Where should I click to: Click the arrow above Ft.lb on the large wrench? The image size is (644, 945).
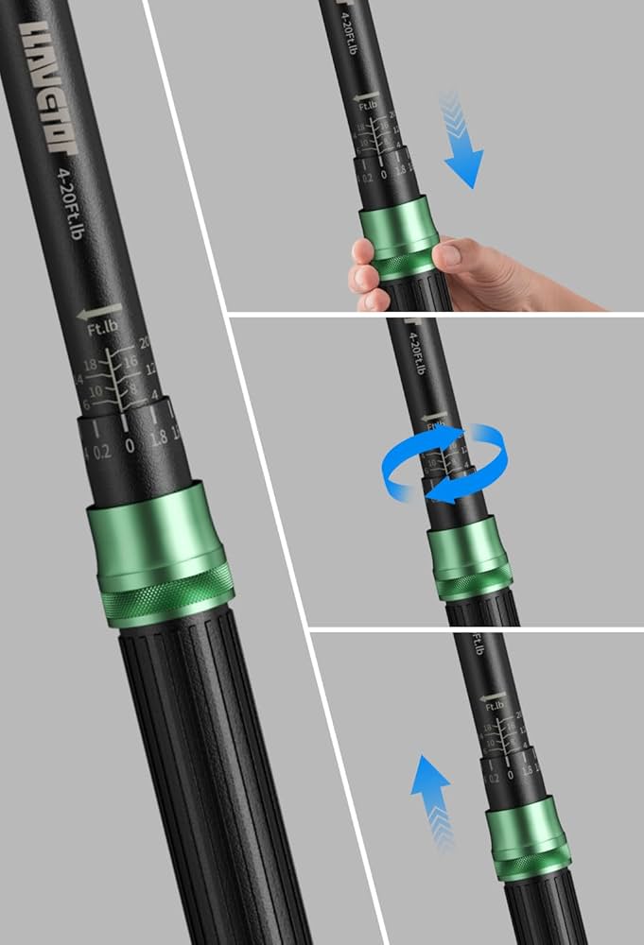coord(100,312)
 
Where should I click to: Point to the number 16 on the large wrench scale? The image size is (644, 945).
coord(131,361)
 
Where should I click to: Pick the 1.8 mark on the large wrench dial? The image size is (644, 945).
coord(160,437)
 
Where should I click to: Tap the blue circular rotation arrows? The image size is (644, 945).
coord(444,463)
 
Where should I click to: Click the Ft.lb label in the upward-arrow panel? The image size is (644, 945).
coord(494,705)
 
